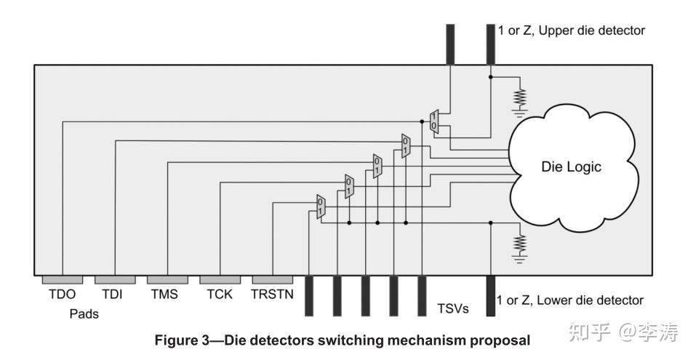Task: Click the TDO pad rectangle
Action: (x=62, y=280)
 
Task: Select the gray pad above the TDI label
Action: (x=115, y=280)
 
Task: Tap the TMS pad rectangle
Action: (x=167, y=280)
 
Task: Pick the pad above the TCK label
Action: (x=220, y=280)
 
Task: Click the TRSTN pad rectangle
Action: (x=273, y=280)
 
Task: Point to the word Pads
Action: (x=84, y=314)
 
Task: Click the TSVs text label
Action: (x=453, y=308)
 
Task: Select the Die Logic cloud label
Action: (x=571, y=167)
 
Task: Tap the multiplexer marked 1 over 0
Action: (x=434, y=121)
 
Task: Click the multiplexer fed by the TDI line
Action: (x=406, y=145)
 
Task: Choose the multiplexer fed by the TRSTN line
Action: (x=321, y=207)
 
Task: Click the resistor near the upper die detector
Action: (x=519, y=98)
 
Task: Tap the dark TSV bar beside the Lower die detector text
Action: (x=490, y=295)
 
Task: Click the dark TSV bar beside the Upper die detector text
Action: (x=490, y=44)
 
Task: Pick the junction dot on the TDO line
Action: (x=422, y=121)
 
